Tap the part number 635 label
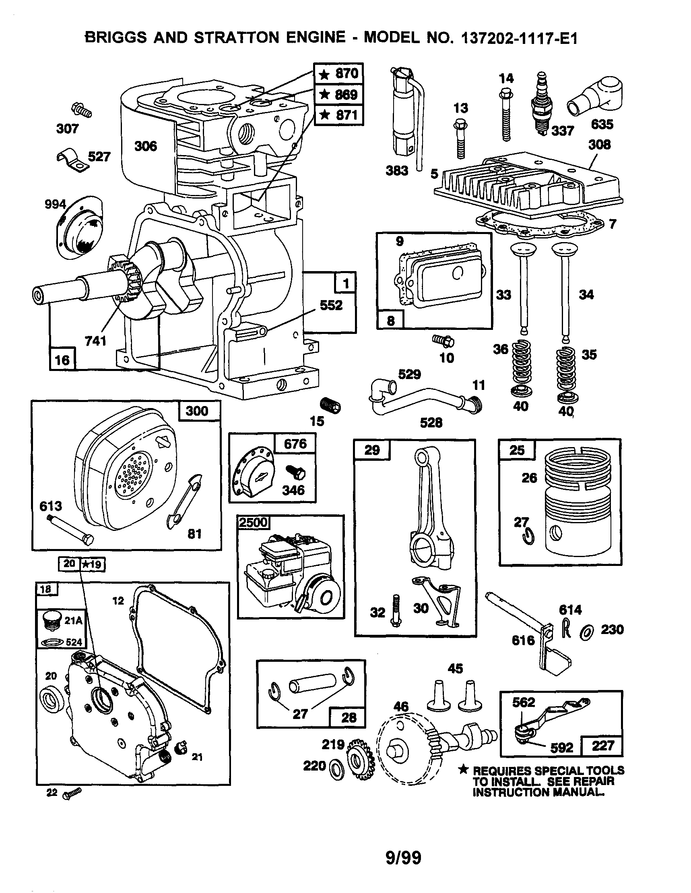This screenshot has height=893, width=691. pos(602,124)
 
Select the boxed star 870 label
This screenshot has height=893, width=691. pos(339,74)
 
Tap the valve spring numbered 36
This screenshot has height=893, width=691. pos(522,362)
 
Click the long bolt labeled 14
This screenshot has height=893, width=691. pos(506,116)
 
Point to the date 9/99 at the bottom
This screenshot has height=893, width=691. pos(403,858)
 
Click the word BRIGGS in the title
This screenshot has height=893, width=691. pos(116,37)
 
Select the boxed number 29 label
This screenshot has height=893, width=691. pos(372,450)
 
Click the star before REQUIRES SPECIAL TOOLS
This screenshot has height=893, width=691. pos(462,770)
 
